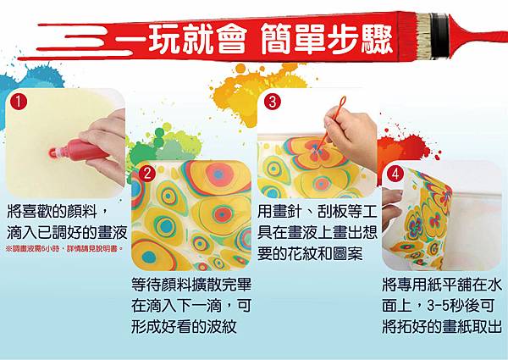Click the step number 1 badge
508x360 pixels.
[19, 101]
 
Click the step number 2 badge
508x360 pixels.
[147, 174]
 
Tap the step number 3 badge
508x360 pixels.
[273, 101]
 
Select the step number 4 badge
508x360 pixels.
[395, 174]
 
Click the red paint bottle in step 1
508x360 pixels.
[78, 150]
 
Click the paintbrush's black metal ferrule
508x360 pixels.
[439, 36]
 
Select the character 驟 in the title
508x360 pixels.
[376, 39]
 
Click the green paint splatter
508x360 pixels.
[162, 146]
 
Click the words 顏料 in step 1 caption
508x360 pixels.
[83, 212]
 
